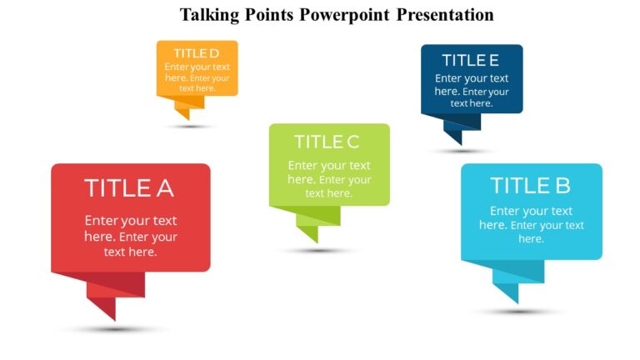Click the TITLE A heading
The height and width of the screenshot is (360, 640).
click(x=129, y=188)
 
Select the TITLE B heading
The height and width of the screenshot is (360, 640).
click(x=531, y=185)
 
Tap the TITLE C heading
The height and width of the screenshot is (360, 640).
click(x=327, y=142)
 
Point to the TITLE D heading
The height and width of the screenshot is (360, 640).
click(x=196, y=53)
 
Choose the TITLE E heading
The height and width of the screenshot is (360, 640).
click(x=471, y=60)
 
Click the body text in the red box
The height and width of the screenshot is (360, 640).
click(x=130, y=236)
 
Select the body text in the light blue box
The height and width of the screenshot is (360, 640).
click(x=531, y=225)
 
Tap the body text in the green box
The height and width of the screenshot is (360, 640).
click(x=329, y=179)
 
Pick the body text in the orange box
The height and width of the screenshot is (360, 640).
click(x=197, y=77)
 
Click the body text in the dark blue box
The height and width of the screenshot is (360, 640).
click(x=471, y=91)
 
